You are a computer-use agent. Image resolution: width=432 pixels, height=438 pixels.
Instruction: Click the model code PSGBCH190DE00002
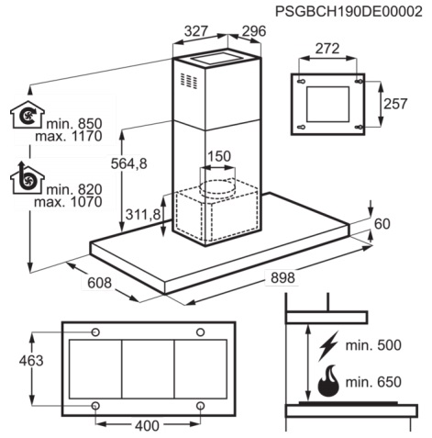click(349, 12)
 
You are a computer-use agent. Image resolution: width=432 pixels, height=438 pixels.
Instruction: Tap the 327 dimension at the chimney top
click(196, 30)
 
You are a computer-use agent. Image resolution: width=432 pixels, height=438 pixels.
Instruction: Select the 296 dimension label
click(254, 31)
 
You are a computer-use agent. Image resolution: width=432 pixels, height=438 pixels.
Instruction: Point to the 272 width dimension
click(327, 49)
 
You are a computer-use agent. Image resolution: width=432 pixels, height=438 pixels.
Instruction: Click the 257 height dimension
click(395, 104)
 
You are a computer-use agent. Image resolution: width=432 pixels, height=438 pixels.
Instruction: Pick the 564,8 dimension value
click(129, 163)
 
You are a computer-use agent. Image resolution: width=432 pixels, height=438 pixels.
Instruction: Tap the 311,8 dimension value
click(143, 215)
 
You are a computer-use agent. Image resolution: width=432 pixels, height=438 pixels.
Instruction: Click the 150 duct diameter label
click(219, 156)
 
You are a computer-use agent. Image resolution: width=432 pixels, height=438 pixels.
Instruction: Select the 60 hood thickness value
click(382, 224)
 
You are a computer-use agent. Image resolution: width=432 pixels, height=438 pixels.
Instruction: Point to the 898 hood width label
click(282, 277)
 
